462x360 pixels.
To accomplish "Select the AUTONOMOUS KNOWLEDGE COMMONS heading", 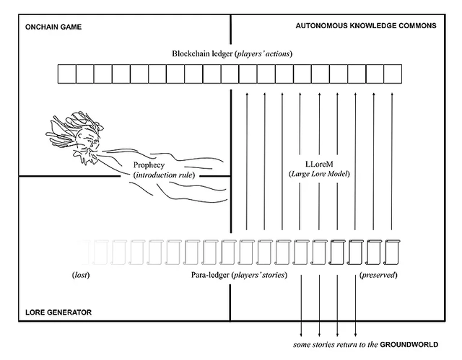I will pos(366,25).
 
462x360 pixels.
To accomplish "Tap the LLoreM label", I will pos(320,164).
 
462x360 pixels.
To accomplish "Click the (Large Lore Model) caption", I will pos(319,174).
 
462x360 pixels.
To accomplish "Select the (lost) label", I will pos(79,276).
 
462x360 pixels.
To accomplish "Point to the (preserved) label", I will pos(378,276).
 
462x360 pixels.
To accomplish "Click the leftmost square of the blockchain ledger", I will pos(66,74).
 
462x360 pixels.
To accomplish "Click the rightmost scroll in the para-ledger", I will pos(392,251).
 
